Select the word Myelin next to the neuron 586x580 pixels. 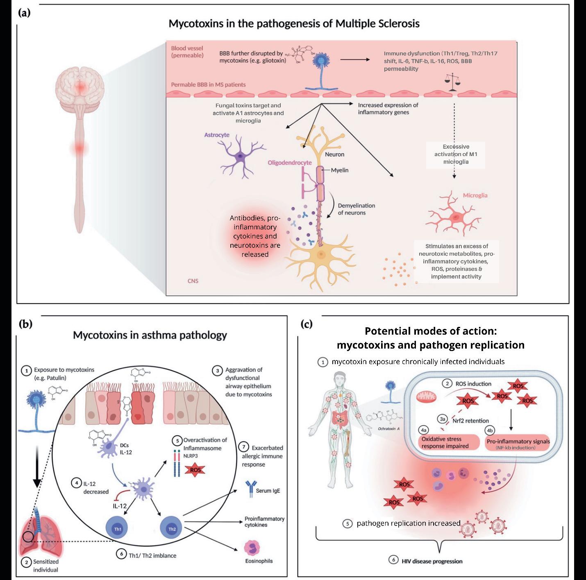point(340,170)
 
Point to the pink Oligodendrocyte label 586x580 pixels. point(290,163)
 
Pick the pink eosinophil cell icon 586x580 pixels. point(252,548)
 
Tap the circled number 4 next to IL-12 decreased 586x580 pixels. point(76,483)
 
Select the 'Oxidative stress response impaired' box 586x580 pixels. point(448,443)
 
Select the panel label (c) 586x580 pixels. point(306,324)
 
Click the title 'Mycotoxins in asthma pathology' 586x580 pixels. point(150,335)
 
